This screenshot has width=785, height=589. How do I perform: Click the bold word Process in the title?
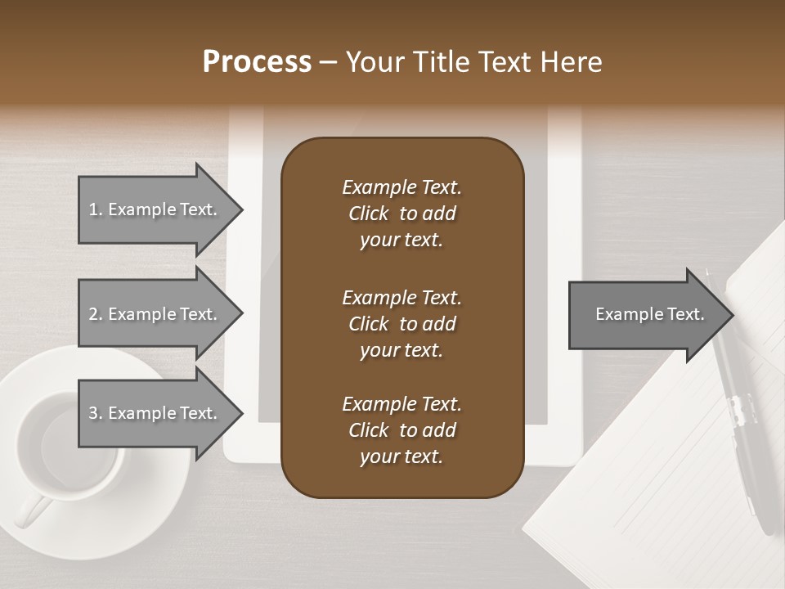point(257,62)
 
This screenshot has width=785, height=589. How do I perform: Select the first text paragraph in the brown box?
point(401,214)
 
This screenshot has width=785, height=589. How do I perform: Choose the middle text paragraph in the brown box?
point(401,323)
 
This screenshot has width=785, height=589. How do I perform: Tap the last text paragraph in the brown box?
point(401,430)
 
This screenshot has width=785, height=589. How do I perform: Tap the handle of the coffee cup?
point(31,511)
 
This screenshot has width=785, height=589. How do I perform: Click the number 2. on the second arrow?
point(96,314)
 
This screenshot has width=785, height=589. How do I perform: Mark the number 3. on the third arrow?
point(96,413)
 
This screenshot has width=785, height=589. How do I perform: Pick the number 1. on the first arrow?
point(96,209)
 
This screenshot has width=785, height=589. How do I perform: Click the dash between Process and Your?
point(328,62)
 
